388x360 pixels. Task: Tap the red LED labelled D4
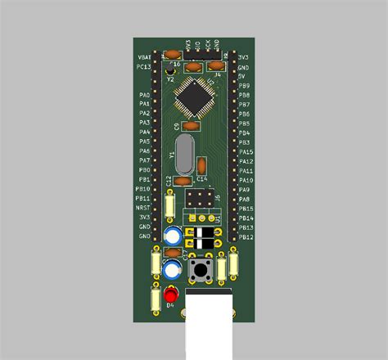pos(171,295)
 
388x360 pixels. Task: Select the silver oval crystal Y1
pos(183,152)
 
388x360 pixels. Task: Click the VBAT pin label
pos(143,57)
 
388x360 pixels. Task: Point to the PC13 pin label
pos(143,67)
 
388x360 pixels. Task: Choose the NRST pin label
pos(143,209)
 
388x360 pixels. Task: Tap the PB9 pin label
pos(243,86)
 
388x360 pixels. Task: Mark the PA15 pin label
pos(245,152)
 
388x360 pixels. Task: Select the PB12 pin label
pos(245,237)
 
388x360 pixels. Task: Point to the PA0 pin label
pos(144,96)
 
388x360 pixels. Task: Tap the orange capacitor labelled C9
pos(191,126)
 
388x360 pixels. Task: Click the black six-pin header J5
pos(201,200)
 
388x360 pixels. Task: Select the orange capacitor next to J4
pos(216,65)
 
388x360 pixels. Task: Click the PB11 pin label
pos(143,199)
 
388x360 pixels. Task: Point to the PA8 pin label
pos(243,200)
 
